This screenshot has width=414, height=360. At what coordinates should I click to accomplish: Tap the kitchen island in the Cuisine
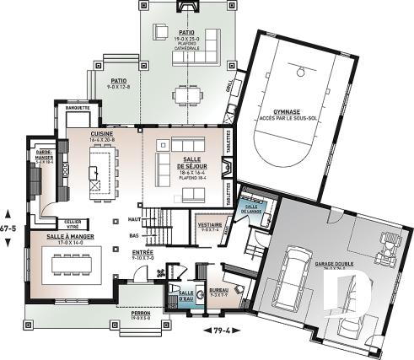click(x=99, y=168)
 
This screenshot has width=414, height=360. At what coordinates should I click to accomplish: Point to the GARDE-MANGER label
click(x=43, y=157)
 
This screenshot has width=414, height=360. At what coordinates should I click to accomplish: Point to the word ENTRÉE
click(x=142, y=250)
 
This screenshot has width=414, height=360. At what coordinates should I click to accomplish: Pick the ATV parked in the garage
click(x=390, y=245)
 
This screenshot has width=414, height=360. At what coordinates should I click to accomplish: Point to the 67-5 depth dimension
click(x=8, y=228)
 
